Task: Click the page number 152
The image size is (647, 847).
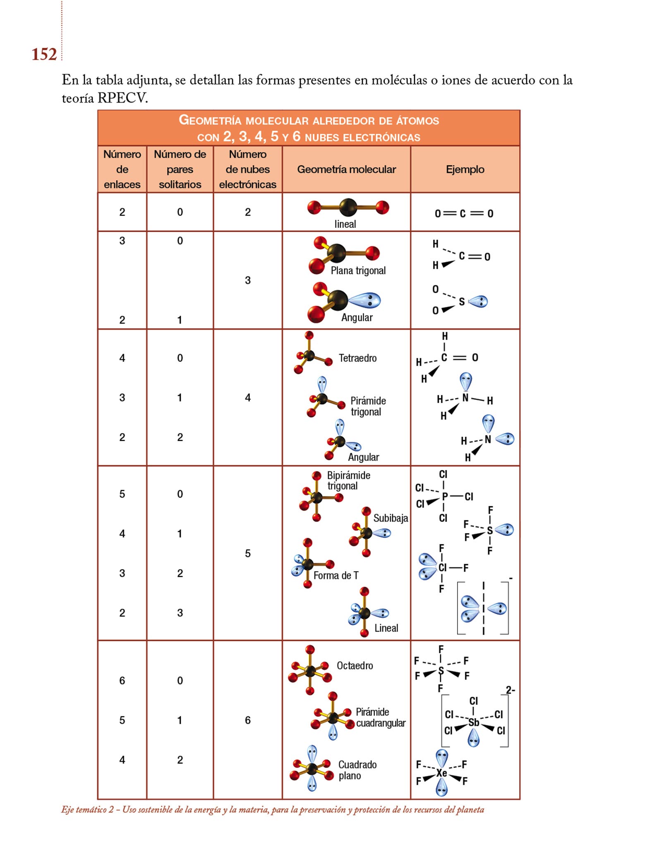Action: click(44, 54)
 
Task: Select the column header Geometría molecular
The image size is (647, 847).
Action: click(346, 169)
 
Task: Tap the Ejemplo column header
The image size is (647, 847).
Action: click(465, 169)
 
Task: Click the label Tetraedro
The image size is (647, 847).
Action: click(357, 358)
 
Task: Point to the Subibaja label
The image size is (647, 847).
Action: click(391, 518)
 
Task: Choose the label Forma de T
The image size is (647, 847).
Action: click(335, 575)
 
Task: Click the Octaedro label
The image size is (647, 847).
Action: click(355, 665)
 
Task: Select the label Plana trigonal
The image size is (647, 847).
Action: click(358, 270)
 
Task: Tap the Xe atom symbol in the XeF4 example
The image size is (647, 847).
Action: click(441, 773)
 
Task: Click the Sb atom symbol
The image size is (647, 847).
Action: click(474, 722)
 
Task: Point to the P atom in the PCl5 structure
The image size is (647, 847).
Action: click(445, 496)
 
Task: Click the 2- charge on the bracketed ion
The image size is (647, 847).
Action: click(510, 690)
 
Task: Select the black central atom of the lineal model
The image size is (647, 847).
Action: click(348, 207)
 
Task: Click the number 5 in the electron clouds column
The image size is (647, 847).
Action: click(247, 553)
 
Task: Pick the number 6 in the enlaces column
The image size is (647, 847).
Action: click(122, 680)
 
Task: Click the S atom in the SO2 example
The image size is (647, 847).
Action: click(462, 301)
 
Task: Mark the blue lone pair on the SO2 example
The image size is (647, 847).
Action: click(479, 301)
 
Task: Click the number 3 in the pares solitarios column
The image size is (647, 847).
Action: click(180, 613)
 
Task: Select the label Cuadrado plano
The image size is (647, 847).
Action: click(357, 770)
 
